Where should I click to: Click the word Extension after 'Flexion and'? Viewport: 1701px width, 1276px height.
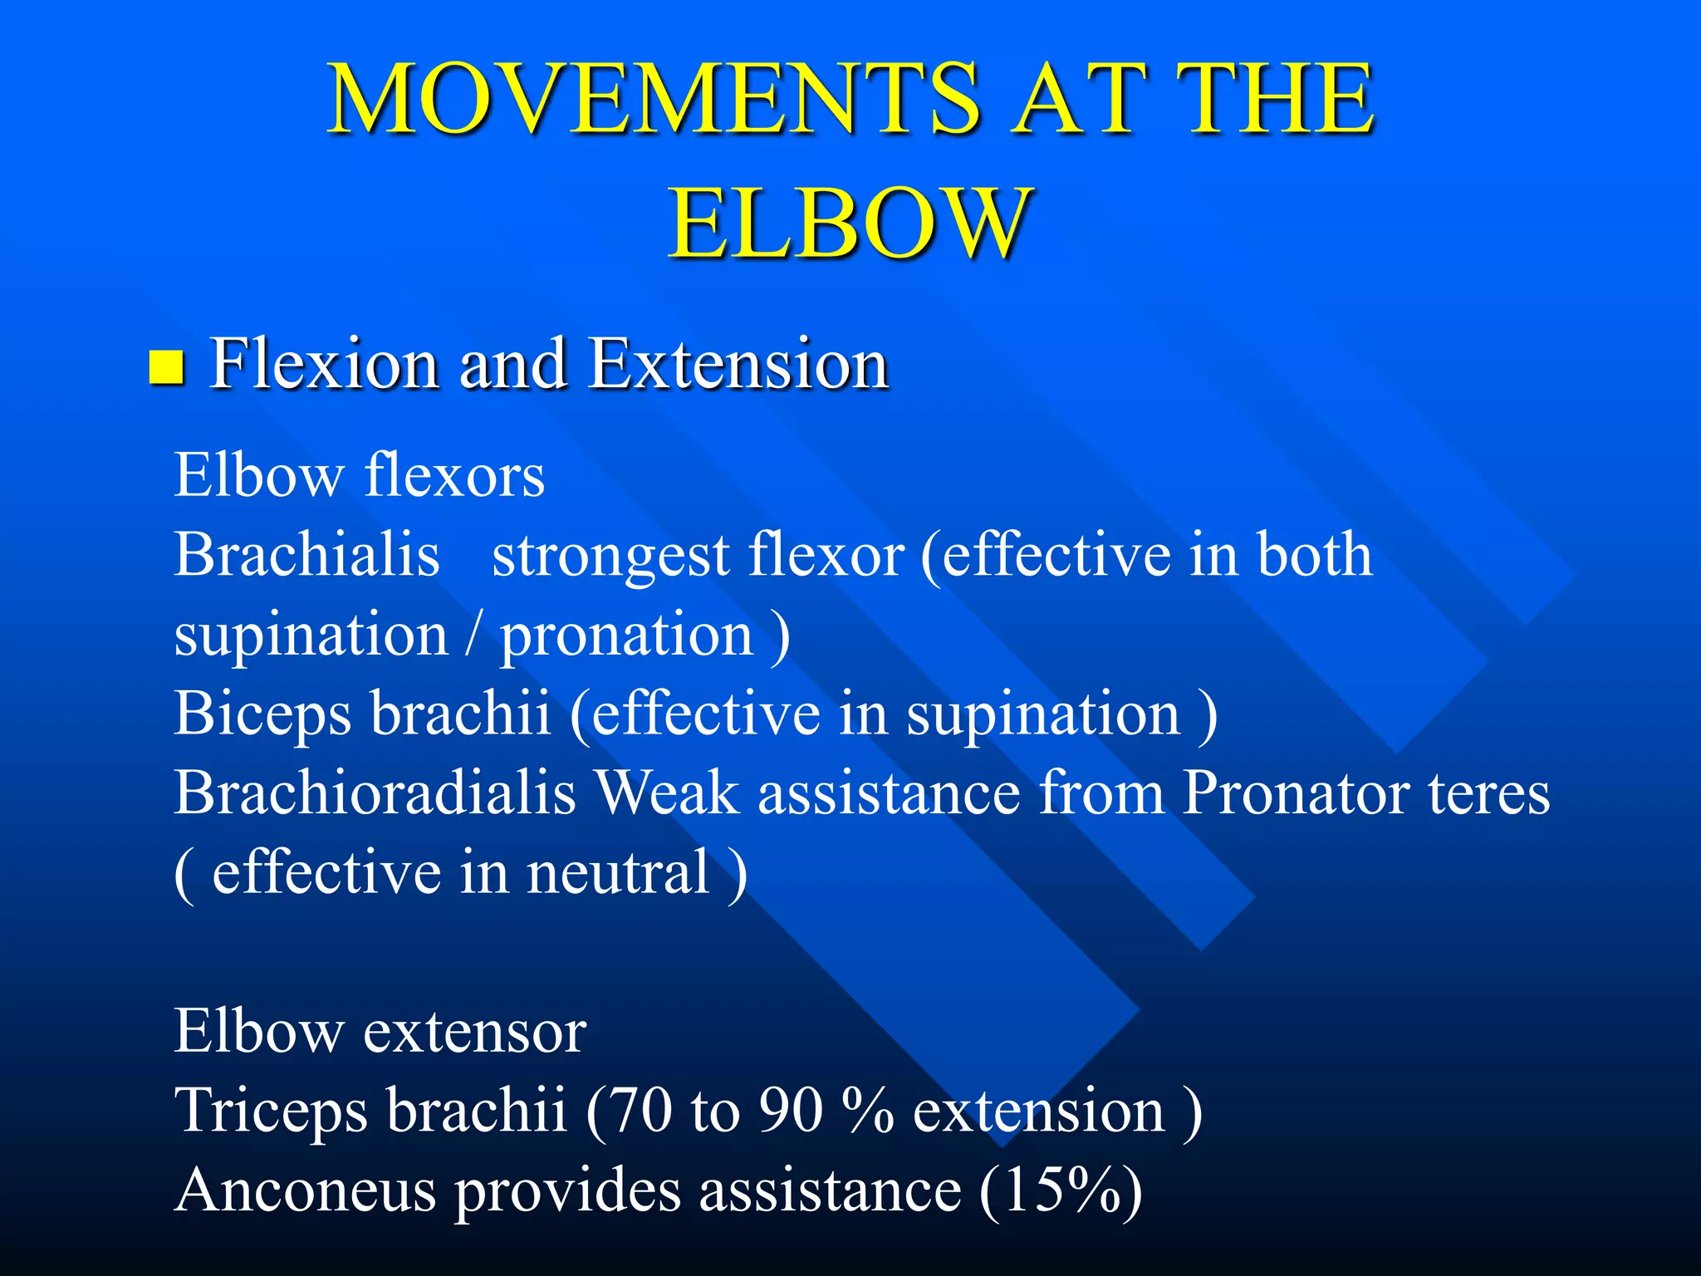click(x=739, y=364)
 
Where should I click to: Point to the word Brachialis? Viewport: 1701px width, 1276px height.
click(x=306, y=555)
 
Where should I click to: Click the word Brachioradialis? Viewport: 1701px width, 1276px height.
click(x=375, y=793)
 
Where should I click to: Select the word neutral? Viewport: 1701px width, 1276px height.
click(x=619, y=872)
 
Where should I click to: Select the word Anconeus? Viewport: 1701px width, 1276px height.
click(x=306, y=1190)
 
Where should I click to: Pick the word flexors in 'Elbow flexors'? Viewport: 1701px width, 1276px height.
click(x=454, y=476)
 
